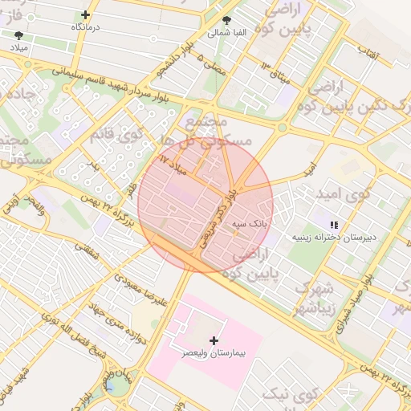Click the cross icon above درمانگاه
[86, 14]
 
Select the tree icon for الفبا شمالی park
[227, 21]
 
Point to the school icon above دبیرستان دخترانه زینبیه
[334, 224]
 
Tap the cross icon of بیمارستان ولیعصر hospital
[214, 341]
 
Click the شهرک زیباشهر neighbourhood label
[313, 299]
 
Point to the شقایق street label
[89, 259]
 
